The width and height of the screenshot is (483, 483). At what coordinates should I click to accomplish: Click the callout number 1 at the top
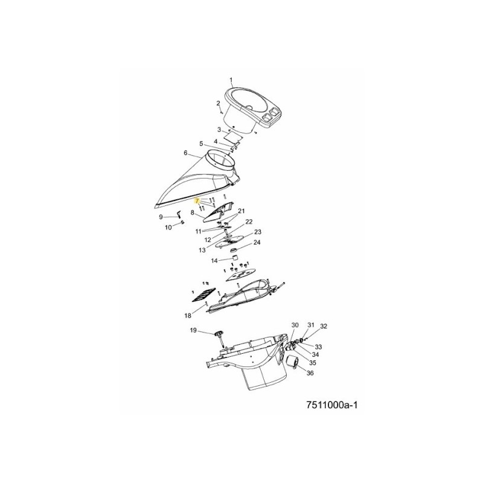tap(231, 80)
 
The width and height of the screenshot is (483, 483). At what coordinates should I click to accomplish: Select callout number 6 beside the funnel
tap(185, 153)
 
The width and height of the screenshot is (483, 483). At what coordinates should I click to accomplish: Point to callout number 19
tap(193, 330)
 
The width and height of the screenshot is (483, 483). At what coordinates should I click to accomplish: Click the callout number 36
tap(310, 374)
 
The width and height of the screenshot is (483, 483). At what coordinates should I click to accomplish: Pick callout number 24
tap(257, 243)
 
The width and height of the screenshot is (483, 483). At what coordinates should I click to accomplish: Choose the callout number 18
tap(187, 316)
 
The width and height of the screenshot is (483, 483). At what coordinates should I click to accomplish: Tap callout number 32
tap(324, 326)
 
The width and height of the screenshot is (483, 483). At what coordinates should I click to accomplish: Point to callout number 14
tap(214, 261)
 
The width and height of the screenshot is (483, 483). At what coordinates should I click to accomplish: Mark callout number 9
tap(161, 217)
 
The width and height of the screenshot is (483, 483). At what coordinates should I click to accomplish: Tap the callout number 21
tap(241, 211)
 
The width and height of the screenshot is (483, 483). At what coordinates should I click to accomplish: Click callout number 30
tap(295, 325)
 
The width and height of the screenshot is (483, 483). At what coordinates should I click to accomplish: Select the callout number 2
tap(218, 103)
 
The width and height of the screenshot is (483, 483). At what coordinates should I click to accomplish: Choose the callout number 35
tap(312, 363)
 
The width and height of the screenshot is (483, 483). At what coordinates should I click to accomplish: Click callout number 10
tap(168, 228)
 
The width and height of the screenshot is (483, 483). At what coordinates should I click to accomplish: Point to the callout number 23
tap(257, 232)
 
